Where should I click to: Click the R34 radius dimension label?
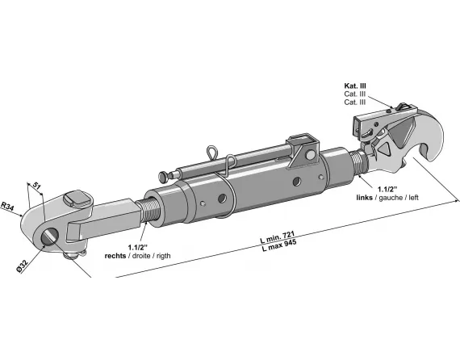click(x=7, y=206)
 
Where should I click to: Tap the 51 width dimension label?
click(x=36, y=185)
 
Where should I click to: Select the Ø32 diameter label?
click(x=23, y=266)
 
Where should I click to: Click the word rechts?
click(x=115, y=256)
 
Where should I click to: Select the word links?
click(x=364, y=198)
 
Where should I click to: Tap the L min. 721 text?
click(x=278, y=237)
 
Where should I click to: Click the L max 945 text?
click(x=279, y=245)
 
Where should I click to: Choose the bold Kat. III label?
click(x=355, y=86)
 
